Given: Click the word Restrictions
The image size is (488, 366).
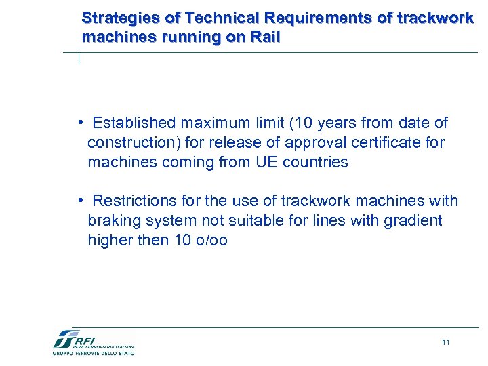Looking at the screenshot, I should click(131, 201).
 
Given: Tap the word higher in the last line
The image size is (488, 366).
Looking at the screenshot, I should click(108, 241).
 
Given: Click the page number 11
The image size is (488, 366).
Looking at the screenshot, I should click(445, 342).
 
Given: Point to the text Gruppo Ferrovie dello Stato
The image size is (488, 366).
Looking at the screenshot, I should click(94, 353).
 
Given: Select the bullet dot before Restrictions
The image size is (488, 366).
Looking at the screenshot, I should click(80, 201).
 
